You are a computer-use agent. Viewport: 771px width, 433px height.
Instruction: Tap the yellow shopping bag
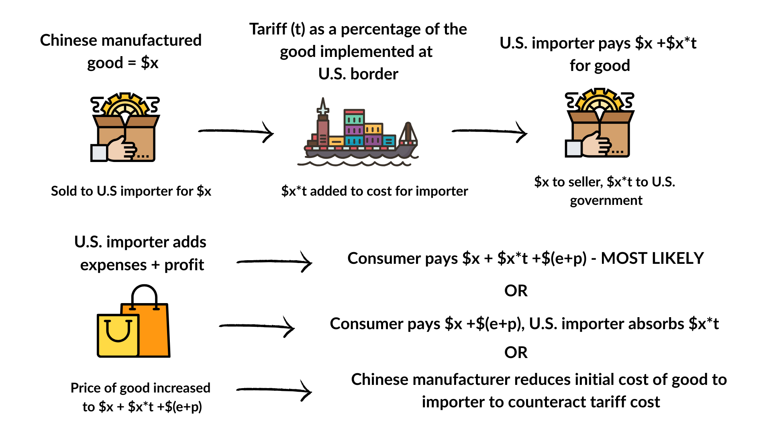pyautogui.click(x=118, y=336)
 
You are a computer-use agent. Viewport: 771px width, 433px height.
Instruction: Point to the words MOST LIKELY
pyautogui.click(x=652, y=258)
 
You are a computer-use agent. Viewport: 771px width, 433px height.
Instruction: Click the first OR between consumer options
pyautogui.click(x=516, y=291)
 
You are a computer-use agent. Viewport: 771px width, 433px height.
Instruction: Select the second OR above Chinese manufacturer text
pyautogui.click(x=516, y=352)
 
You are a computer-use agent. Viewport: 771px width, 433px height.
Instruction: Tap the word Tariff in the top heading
pyautogui.click(x=268, y=29)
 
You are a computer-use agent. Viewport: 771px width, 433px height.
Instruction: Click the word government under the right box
pyautogui.click(x=606, y=200)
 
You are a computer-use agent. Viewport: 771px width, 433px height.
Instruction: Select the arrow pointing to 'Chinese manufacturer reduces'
pyautogui.click(x=274, y=390)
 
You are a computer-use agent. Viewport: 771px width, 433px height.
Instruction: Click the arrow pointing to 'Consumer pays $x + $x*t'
pyautogui.click(x=274, y=262)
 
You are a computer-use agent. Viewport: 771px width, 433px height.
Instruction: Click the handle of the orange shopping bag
pyautogui.click(x=144, y=295)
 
